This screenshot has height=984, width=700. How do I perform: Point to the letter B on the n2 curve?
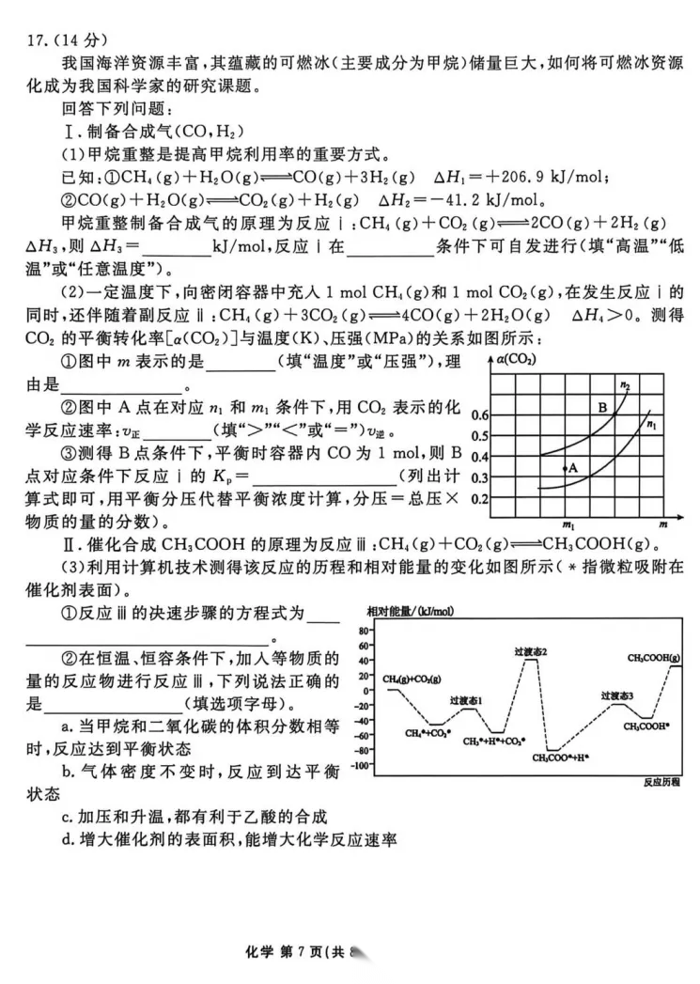(603, 408)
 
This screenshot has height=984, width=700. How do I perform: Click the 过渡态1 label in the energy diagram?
(466, 700)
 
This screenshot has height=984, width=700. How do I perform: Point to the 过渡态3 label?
(618, 695)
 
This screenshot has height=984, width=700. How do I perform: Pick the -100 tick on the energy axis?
(359, 766)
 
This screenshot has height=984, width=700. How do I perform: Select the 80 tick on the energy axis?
(364, 630)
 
